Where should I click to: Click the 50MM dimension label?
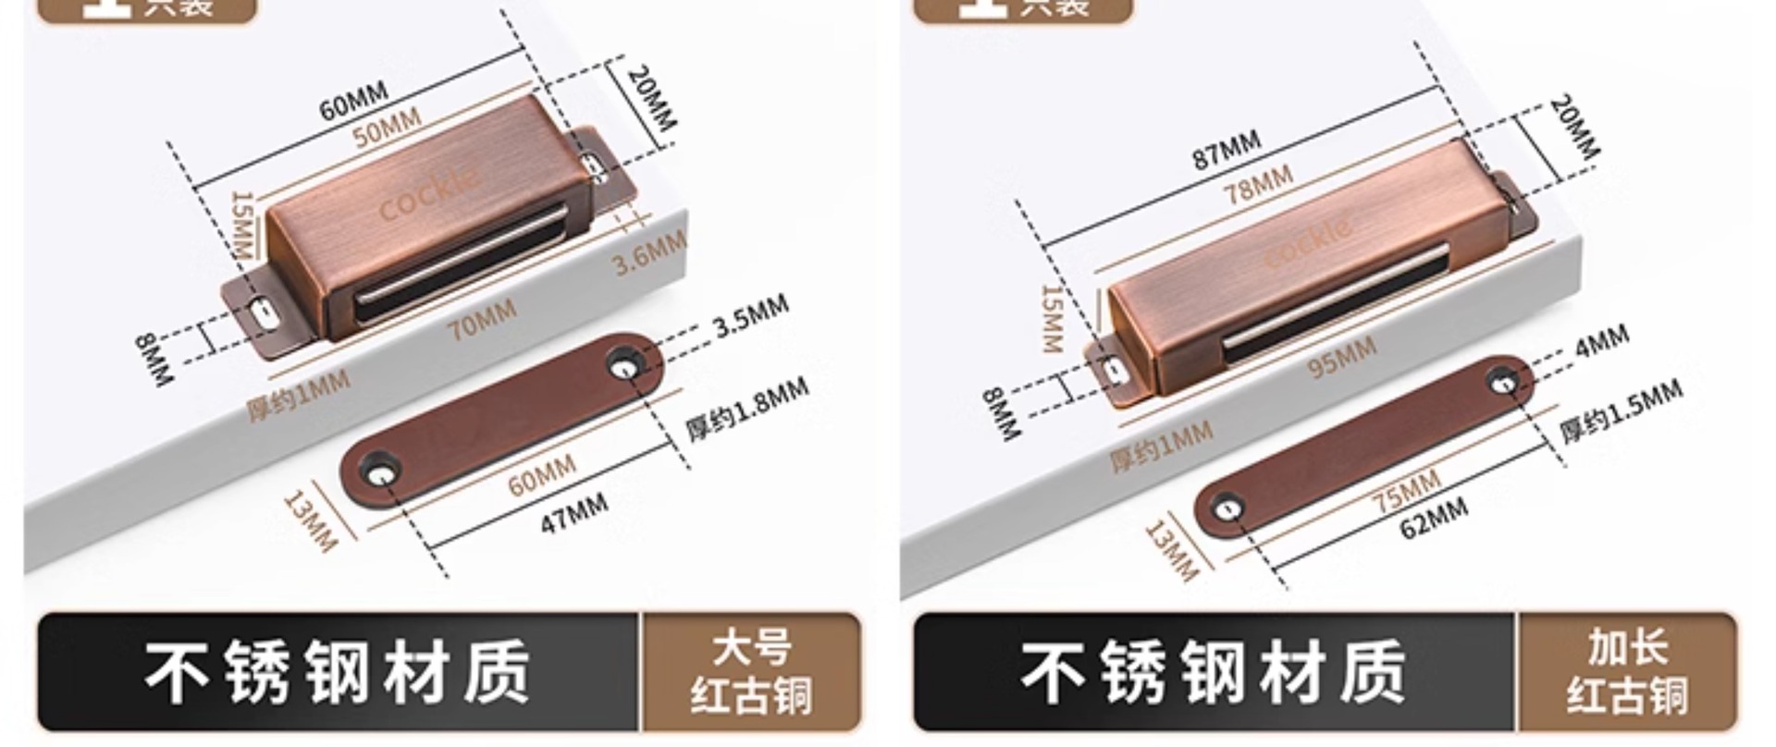387,128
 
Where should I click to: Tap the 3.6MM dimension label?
649,251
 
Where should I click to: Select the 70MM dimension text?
482,319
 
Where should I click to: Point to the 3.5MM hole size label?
750,315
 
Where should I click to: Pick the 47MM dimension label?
573,512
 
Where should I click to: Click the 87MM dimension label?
1226,150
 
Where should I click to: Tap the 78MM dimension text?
1258,185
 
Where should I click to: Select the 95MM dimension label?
1341,357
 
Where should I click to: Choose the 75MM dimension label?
1406,491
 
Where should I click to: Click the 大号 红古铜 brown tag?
750,672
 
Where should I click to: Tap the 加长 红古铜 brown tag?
1626,672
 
